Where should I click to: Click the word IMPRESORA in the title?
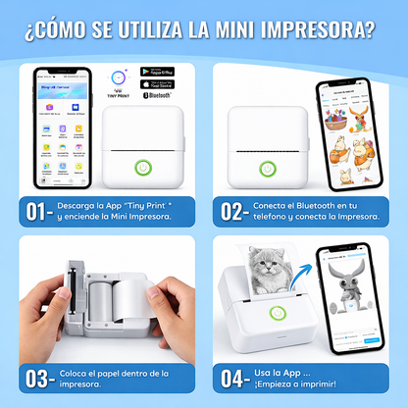pos(315,29)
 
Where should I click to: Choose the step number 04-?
pos(234,379)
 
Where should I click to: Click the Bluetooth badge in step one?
pos(158,94)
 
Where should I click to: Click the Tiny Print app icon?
pos(118,77)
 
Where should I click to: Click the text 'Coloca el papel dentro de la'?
pos(119,373)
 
